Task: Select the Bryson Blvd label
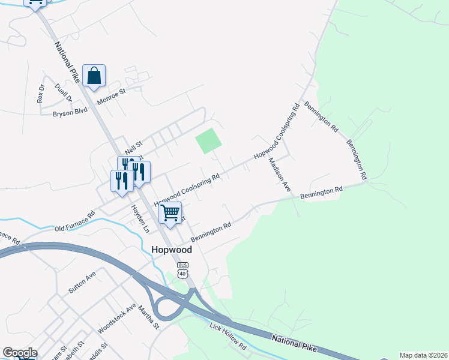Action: pyautogui.click(x=70, y=111)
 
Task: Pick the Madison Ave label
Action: pyautogui.click(x=279, y=175)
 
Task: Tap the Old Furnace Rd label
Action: pyautogui.click(x=75, y=221)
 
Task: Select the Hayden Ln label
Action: pyautogui.click(x=140, y=219)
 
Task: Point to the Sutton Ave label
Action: pyautogui.click(x=82, y=282)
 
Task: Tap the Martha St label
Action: pyautogui.click(x=148, y=318)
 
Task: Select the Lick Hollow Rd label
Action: pyautogui.click(x=228, y=337)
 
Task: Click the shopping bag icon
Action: pyautogui.click(x=94, y=76)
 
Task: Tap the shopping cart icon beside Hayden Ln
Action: pyautogui.click(x=170, y=213)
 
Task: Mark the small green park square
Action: pyautogui.click(x=208, y=142)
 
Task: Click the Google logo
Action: pyautogui.click(x=20, y=353)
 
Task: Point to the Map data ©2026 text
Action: pyautogui.click(x=423, y=355)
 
